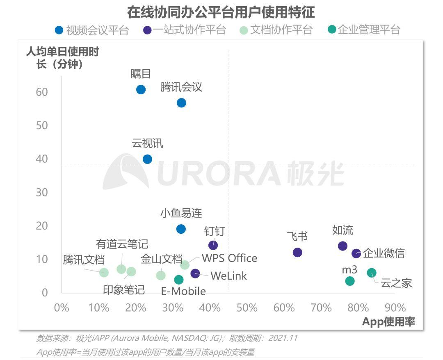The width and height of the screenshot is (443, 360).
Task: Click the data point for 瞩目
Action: (141, 90)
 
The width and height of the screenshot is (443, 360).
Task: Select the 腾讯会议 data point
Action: (181, 103)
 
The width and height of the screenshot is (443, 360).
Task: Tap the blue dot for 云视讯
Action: (147, 159)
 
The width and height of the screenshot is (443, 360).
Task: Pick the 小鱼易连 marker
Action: (181, 229)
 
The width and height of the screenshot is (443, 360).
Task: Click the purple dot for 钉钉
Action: (213, 245)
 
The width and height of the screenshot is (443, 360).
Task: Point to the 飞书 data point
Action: (297, 253)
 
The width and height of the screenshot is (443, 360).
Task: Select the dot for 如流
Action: (343, 246)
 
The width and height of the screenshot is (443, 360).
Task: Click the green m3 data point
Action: (350, 281)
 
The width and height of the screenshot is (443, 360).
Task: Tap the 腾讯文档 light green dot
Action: (104, 272)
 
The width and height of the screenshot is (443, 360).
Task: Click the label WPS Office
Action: (229, 258)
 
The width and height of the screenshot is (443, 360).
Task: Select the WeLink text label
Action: (228, 276)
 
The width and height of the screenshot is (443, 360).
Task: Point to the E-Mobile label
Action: (183, 292)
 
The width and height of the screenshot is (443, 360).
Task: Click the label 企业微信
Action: (384, 253)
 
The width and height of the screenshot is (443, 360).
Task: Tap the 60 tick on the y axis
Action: (42, 92)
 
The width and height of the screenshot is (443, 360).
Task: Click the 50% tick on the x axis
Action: (247, 308)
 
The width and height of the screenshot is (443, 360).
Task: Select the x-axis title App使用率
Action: (388, 322)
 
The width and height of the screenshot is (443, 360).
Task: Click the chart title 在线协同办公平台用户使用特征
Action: (221, 12)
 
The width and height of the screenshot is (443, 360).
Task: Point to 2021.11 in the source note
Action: (283, 339)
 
